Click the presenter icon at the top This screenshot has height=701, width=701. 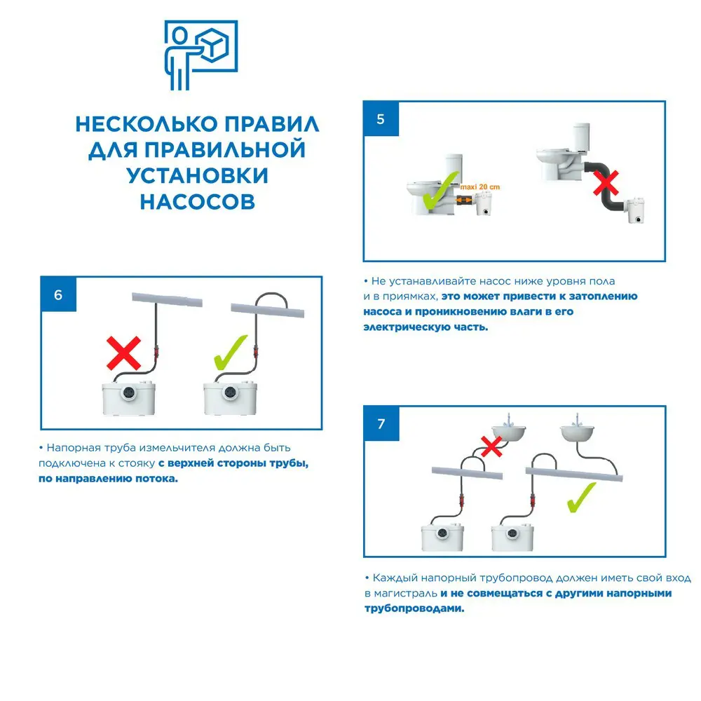(x=200, y=56)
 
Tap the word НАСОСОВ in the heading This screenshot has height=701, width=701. (x=197, y=201)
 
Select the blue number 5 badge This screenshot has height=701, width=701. (x=381, y=118)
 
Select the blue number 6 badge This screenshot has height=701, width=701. (x=58, y=294)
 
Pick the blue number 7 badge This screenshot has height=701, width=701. (x=381, y=424)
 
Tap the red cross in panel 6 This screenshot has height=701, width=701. (x=123, y=353)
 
